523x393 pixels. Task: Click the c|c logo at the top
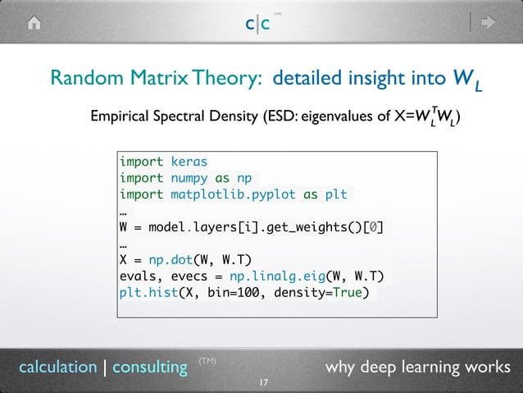pos(257,24)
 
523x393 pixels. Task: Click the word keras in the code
pos(189,161)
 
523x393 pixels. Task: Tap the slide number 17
pos(262,383)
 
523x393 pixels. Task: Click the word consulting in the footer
pos(150,367)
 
